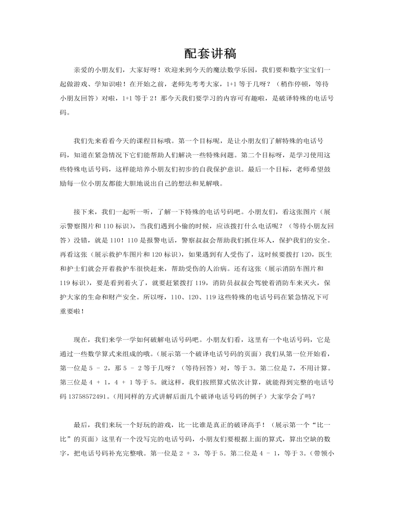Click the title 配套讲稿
(x=210, y=53)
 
